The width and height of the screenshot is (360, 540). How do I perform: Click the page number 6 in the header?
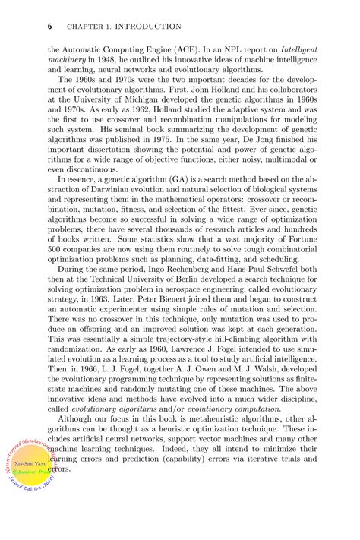(x=49, y=26)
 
